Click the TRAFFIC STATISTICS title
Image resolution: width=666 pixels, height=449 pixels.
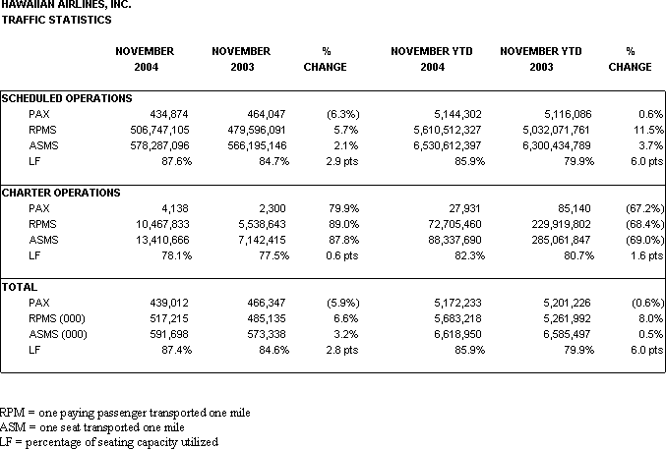[56, 20]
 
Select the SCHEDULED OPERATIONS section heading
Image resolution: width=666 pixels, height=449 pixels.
[67, 98]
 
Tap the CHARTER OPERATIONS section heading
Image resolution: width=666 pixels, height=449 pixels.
[61, 193]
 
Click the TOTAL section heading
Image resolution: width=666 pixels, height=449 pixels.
[20, 287]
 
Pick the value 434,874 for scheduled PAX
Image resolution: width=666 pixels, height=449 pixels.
[168, 114]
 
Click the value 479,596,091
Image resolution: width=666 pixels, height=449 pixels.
[257, 130]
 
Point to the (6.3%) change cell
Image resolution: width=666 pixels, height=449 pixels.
[342, 114]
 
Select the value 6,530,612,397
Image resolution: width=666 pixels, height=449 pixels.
[448, 145]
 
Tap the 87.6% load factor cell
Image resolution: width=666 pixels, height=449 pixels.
[176, 161]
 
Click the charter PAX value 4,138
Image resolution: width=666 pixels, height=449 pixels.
[174, 208]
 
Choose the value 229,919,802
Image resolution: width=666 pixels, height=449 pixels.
[561, 224]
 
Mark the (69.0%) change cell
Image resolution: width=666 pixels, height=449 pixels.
[644, 240]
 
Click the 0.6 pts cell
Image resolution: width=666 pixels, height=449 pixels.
[342, 255]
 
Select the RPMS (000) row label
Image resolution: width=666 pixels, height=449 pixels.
[57, 318]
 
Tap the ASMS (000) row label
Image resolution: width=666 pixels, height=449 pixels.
[58, 334]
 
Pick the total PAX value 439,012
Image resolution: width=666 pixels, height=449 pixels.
[168, 303]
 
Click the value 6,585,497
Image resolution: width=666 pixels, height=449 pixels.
[567, 334]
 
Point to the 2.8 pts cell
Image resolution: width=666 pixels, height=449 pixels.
[342, 350]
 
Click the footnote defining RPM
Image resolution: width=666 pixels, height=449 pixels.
[125, 413]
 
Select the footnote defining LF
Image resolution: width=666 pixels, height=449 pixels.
[109, 442]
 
